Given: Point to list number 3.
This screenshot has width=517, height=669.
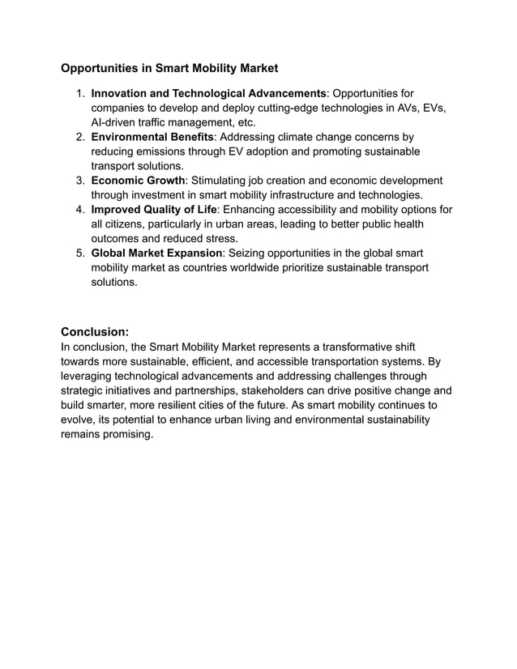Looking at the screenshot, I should coord(80,181).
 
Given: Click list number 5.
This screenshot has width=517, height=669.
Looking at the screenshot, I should coord(80,254).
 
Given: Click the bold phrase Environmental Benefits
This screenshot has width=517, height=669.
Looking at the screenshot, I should coord(152,137).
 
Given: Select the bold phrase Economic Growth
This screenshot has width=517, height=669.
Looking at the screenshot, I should coord(138,181).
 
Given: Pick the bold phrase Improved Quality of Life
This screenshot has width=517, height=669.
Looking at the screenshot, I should coord(154,210).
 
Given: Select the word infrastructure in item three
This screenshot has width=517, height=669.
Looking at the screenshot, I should coord(305,195).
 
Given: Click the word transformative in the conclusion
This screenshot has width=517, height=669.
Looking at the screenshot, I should coord(322,346).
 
